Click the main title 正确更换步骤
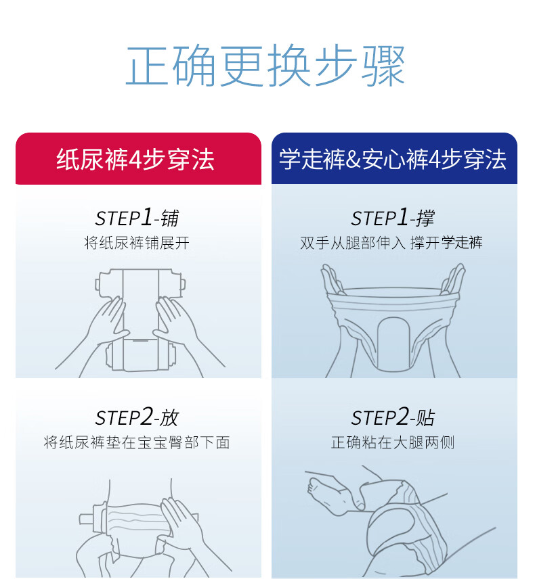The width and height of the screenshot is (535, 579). tap(265, 66)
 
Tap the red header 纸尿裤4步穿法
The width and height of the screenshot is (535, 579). tap(135, 160)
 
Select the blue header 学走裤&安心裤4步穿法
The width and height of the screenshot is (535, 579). tap(393, 160)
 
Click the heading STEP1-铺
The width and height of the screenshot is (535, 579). tap(137, 217)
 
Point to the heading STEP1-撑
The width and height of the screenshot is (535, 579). tap(393, 217)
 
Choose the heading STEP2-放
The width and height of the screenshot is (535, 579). tap(137, 417)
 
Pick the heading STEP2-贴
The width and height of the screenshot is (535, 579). tap(393, 417)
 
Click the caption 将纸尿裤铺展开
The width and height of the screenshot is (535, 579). tap(137, 243)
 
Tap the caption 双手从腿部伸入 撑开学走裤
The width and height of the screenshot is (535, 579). tap(391, 243)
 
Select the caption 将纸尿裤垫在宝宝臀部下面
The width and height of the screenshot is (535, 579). tap(137, 442)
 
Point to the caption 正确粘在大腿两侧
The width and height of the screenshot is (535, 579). tap(393, 442)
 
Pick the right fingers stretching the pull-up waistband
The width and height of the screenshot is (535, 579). tap(452, 279)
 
